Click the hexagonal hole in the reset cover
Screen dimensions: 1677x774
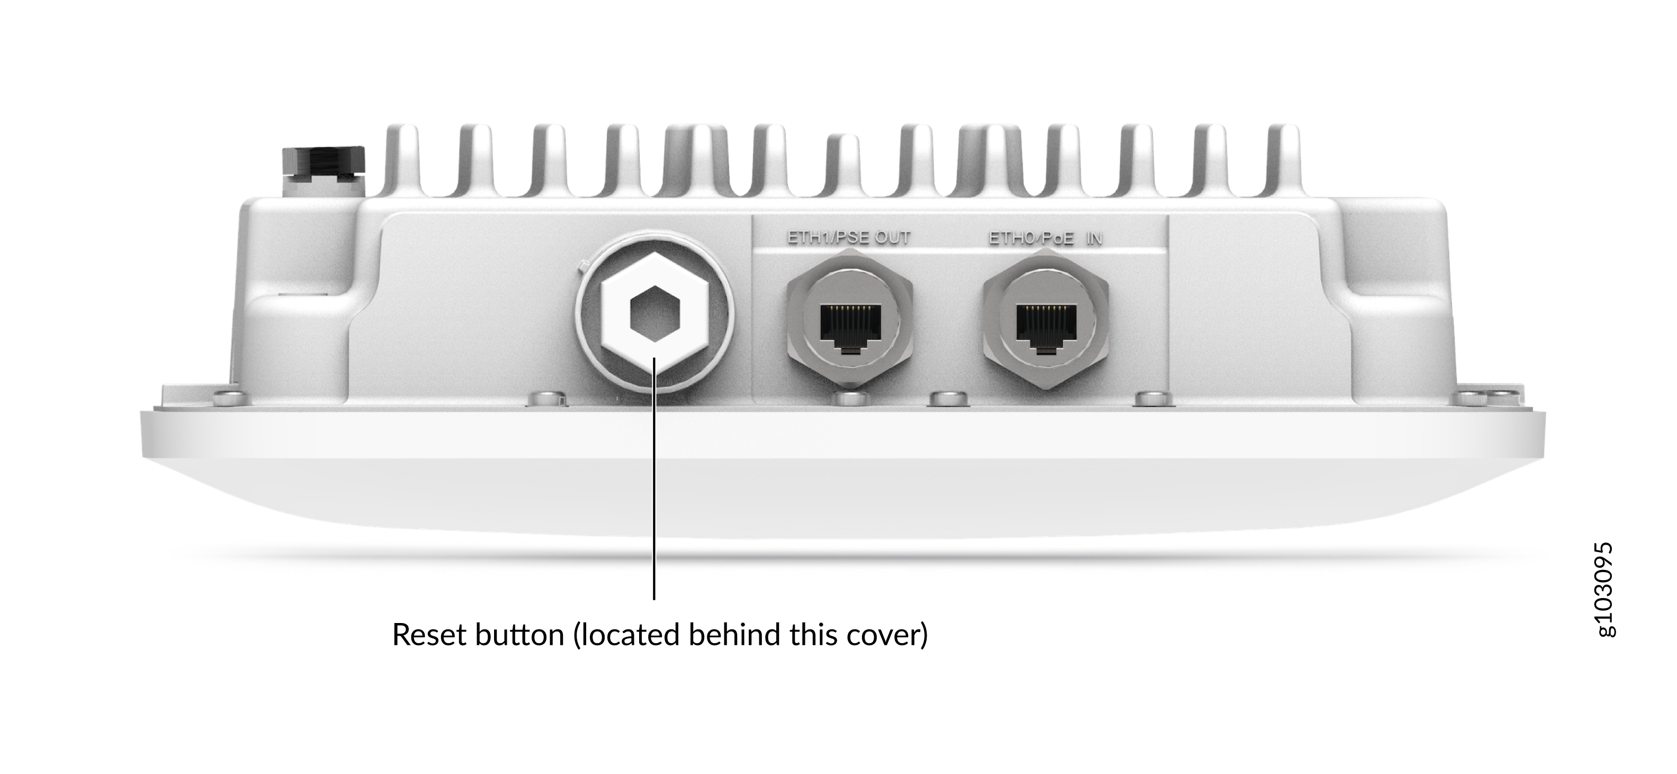655,314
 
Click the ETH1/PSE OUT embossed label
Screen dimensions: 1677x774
849,238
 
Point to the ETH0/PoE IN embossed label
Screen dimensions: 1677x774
1045,238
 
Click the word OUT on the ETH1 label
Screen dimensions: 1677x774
893,238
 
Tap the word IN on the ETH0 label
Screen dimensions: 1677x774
1095,238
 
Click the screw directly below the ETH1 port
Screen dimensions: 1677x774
849,397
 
